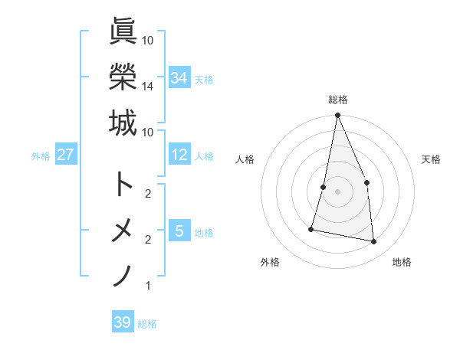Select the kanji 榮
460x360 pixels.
[x=123, y=77]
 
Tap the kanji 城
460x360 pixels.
[x=123, y=123]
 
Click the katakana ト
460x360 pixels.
[x=123, y=184]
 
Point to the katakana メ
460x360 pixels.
[x=123, y=231]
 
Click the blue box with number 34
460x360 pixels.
[x=179, y=78]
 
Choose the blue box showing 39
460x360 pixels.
[x=123, y=322]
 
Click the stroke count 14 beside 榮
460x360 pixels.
[x=148, y=87]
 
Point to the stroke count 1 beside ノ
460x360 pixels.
[x=147, y=286]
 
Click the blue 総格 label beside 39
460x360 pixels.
[x=147, y=324]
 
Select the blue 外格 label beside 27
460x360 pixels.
[x=41, y=156]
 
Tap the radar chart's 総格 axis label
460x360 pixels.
[x=338, y=100]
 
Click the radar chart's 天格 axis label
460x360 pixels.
[x=431, y=159]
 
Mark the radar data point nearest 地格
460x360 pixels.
[x=374, y=242]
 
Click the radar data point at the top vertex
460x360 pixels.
[x=337, y=116]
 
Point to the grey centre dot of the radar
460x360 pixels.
[x=337, y=191]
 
